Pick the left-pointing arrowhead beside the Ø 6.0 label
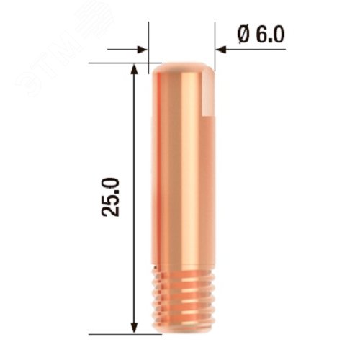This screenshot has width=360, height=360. pos(221,49)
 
